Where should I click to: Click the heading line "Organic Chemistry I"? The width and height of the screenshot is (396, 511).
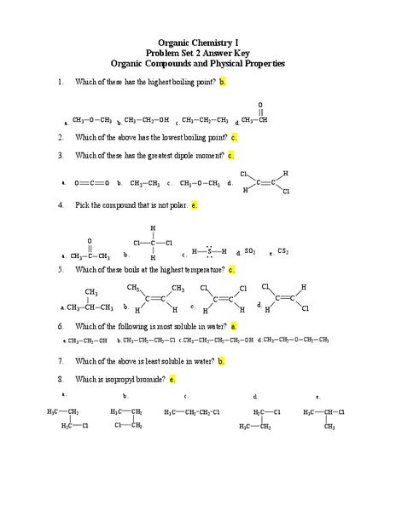[198, 43]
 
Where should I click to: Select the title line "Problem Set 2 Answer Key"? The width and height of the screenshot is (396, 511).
[198, 53]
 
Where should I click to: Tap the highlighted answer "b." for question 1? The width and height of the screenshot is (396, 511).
[223, 82]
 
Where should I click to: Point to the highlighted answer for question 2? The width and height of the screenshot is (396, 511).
[234, 136]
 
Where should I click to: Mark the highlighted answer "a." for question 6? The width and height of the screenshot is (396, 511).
[234, 326]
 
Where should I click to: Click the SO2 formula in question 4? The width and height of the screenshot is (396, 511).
[250, 252]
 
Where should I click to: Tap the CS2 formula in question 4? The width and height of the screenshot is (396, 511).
[283, 252]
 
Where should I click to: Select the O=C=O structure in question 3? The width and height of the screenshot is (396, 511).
[92, 182]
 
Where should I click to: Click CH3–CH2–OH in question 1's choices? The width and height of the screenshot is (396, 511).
[146, 120]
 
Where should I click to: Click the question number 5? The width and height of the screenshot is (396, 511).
[61, 270]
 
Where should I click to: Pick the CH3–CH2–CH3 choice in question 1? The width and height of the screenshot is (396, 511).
[205, 120]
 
